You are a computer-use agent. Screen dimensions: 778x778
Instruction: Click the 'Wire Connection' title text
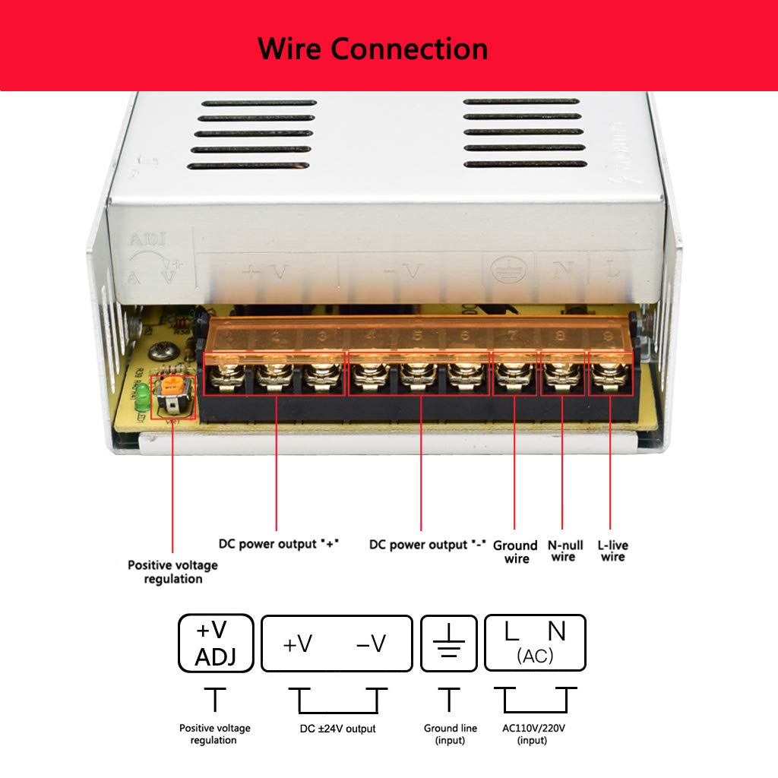click(x=372, y=49)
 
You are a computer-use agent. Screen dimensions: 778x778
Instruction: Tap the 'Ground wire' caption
click(x=516, y=552)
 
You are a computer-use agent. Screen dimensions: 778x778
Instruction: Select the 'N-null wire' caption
click(x=565, y=551)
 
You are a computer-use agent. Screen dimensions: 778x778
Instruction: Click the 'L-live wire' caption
click(x=612, y=551)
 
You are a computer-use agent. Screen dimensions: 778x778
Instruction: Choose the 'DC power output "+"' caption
click(x=278, y=544)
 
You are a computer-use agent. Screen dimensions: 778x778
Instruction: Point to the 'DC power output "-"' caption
click(x=427, y=544)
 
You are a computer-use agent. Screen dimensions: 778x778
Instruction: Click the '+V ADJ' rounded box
click(x=215, y=644)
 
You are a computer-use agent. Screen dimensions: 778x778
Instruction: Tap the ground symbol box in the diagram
click(x=449, y=644)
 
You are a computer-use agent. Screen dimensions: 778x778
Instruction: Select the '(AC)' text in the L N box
click(x=535, y=656)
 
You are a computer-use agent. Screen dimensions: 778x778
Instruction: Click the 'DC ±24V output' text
click(x=337, y=729)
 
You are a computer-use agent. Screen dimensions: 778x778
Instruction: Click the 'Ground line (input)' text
click(x=451, y=734)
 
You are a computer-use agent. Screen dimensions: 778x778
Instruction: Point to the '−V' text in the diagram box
click(x=371, y=644)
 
